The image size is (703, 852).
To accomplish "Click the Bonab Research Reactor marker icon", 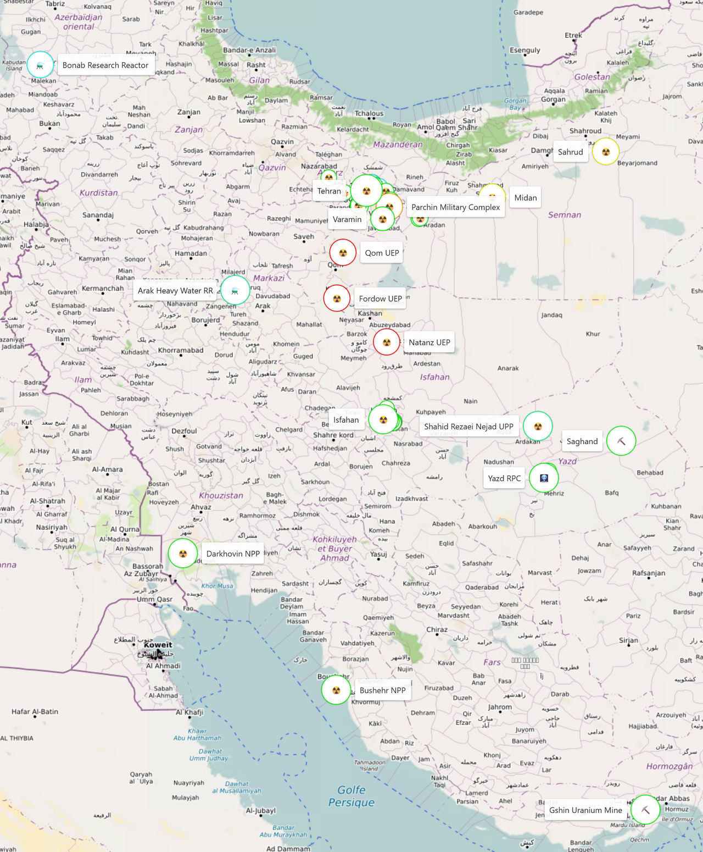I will click(x=40, y=65).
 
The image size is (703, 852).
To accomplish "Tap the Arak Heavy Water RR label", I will click(x=175, y=291).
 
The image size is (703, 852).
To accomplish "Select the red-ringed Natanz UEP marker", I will click(x=387, y=342).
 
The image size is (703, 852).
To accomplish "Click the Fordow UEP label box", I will click(x=380, y=298).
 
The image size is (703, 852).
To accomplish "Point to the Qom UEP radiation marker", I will click(x=343, y=253).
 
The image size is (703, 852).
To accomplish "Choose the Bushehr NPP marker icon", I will click(x=336, y=690).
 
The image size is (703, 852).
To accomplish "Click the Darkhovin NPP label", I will click(x=233, y=554).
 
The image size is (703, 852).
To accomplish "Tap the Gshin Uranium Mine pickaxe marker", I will click(x=645, y=810).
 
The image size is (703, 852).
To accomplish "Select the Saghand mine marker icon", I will click(x=621, y=441).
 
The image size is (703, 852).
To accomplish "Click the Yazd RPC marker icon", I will click(x=544, y=478).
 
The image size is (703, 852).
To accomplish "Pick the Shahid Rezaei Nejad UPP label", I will click(x=468, y=427).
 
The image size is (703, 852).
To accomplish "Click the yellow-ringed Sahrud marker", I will click(x=606, y=152).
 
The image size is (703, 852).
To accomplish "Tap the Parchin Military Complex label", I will click(x=455, y=207).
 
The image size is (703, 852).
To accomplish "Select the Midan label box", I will click(x=525, y=198).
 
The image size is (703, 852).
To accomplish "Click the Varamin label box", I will click(x=347, y=219).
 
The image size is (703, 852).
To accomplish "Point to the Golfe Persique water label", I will click(x=351, y=796).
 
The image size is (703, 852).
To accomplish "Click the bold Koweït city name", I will click(x=158, y=645).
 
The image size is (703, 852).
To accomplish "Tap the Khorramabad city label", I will click(x=181, y=350).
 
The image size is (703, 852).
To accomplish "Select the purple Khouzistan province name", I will click(x=221, y=495).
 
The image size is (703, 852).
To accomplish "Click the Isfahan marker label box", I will click(x=346, y=420).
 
